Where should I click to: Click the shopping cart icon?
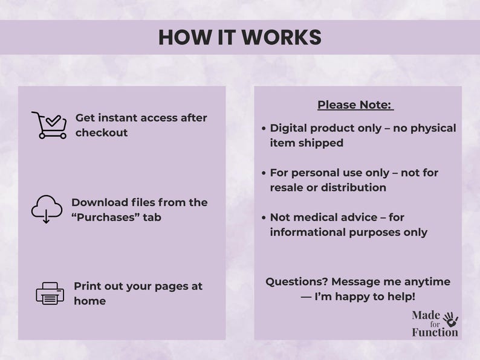[49, 125]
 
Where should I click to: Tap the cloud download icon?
[47, 209]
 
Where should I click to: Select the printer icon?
[50, 294]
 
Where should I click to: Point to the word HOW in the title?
[180, 37]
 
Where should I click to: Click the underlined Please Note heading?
[355, 105]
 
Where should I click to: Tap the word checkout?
[102, 133]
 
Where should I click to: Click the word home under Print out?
[89, 301]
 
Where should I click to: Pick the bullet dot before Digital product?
[264, 129]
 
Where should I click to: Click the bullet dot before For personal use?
[264, 173]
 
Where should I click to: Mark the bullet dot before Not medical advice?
[264, 217]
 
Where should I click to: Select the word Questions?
[295, 281]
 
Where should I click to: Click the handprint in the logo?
[450, 318]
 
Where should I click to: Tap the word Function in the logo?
[435, 332]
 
